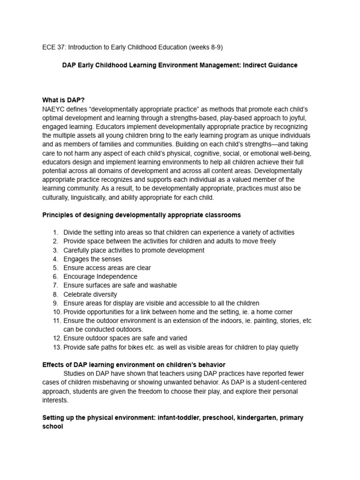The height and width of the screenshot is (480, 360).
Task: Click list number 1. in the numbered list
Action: [55, 232]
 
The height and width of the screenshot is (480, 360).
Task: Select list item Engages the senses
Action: [93, 259]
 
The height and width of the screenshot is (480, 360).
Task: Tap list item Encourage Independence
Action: [100, 277]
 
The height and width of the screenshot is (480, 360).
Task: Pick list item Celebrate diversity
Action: [90, 294]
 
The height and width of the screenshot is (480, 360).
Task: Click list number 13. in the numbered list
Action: [56, 347]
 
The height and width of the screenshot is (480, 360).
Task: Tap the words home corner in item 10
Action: [276, 312]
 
